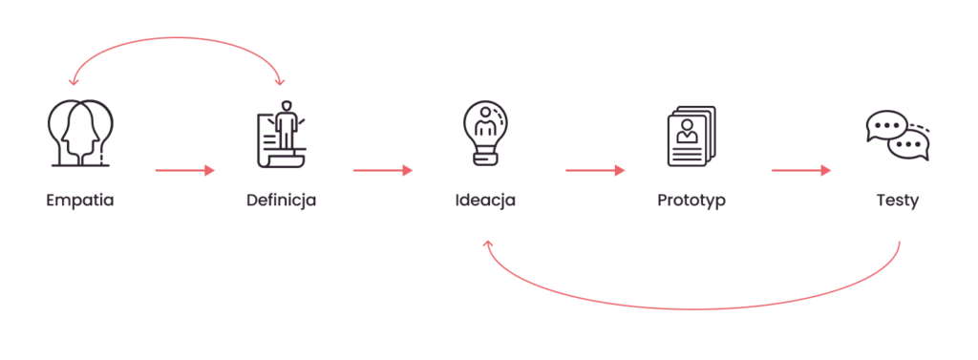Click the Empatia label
[80, 201]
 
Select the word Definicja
[282, 201]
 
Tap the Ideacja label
[485, 201]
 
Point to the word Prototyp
[691, 201]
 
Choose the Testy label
[898, 201]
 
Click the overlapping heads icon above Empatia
[80, 133]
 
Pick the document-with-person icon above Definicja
[282, 134]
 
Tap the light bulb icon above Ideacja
[485, 133]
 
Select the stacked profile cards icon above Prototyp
[691, 136]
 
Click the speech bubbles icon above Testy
[898, 136]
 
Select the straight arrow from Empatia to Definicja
[184, 170]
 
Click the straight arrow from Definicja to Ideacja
[383, 170]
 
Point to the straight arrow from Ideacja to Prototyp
[595, 170]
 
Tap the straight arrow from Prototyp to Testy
[801, 170]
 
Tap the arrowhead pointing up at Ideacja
[488, 244]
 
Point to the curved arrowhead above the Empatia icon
[74, 80]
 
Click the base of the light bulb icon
[485, 159]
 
